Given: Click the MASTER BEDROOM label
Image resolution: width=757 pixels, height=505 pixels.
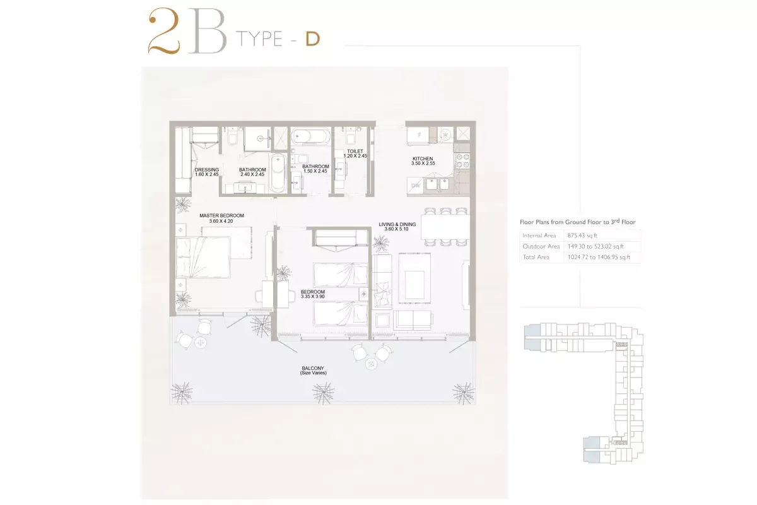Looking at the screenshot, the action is coord(221,215).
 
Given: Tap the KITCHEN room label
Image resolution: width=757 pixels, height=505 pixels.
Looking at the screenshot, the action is coord(423,158).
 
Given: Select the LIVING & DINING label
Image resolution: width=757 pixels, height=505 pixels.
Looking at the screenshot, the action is coord(397,224).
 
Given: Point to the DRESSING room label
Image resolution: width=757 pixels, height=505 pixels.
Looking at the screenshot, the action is coord(207,170).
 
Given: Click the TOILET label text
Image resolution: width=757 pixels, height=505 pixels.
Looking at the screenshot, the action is coord(355,151).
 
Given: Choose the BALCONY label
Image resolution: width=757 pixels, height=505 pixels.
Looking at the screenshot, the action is coord(313,368).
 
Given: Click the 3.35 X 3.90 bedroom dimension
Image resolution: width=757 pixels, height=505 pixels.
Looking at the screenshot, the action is coord(313,297).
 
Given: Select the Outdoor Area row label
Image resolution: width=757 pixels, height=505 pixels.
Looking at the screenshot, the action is coord(541,246).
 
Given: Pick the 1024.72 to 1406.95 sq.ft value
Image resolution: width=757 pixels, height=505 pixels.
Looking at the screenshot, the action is coord(599,257).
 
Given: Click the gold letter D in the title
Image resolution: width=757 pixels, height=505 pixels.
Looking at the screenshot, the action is coord(313,39).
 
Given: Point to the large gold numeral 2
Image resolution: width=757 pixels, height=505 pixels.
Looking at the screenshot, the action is coord(164,31).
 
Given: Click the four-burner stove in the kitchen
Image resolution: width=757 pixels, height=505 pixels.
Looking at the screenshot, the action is coord(462,160).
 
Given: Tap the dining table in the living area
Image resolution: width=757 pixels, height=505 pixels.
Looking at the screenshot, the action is coord(445,227).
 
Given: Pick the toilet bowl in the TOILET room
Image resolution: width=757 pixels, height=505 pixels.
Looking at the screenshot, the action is coord(351,138).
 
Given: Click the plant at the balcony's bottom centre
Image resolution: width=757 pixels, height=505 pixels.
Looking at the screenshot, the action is coord(323,393).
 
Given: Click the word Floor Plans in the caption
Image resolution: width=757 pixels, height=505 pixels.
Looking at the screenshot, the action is coord(535,222).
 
